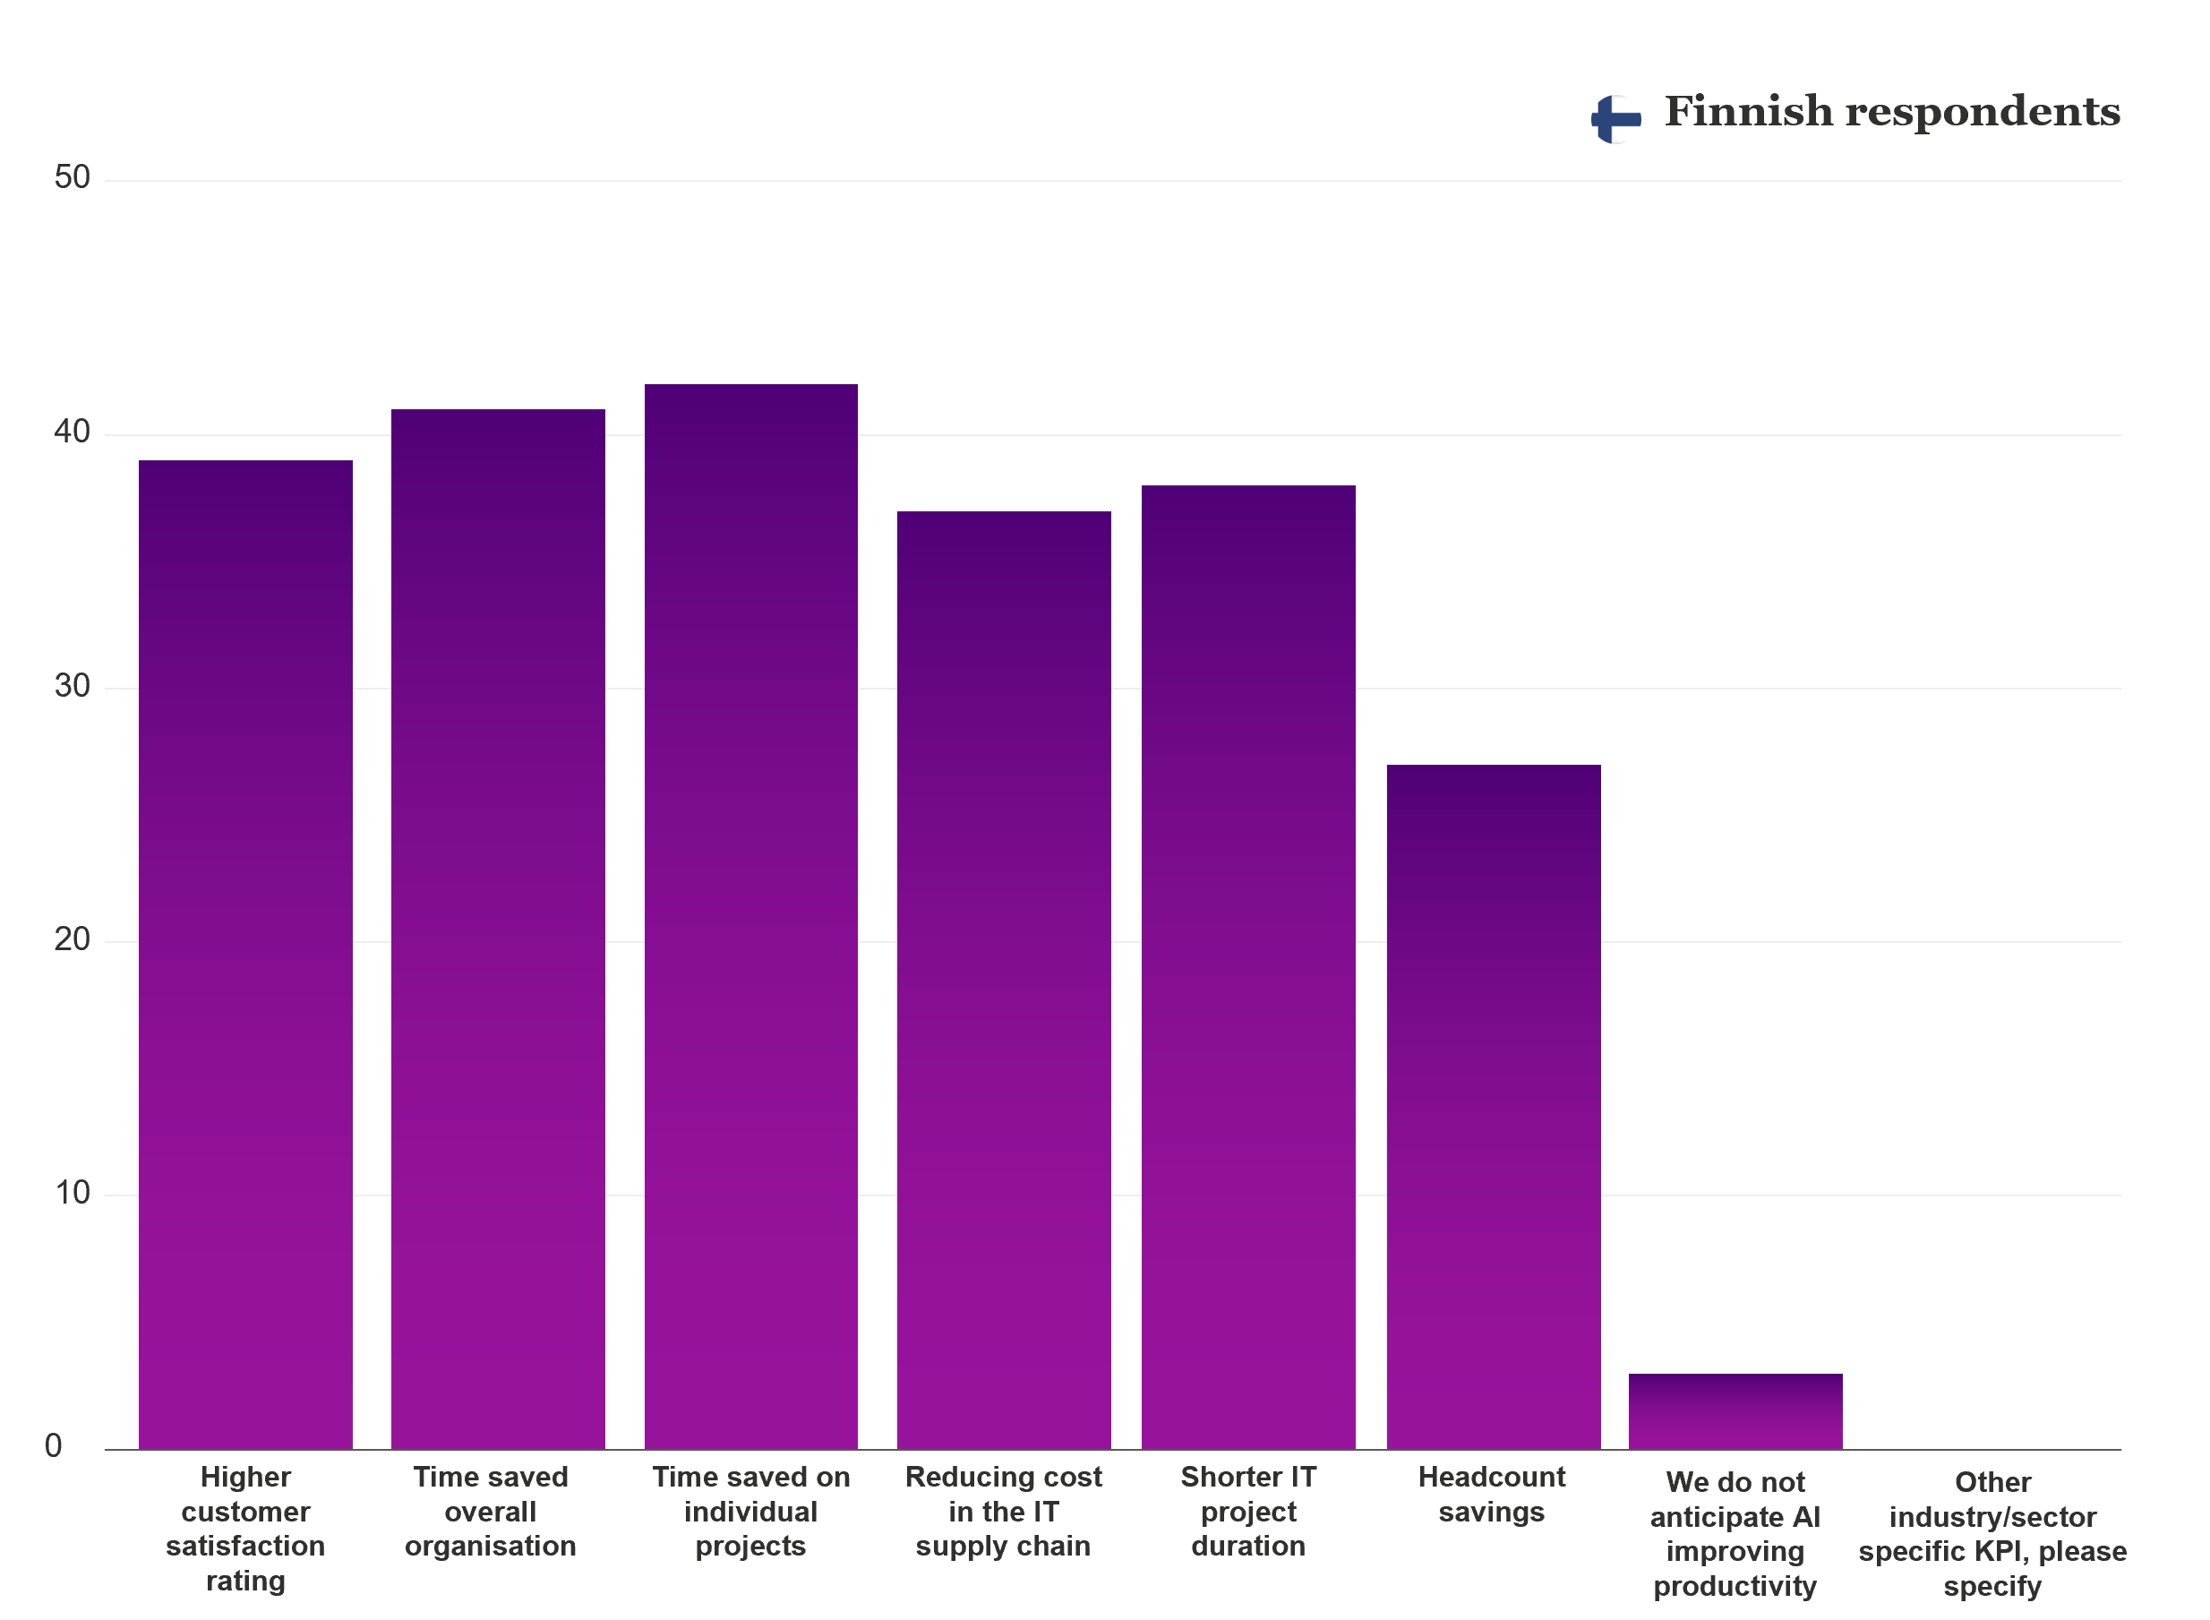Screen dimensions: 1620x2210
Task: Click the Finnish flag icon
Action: [x=1615, y=118]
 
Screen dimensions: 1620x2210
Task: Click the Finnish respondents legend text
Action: [x=1891, y=112]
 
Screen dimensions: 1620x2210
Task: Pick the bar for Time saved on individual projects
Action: [x=751, y=916]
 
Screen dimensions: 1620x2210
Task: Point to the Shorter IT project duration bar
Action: [x=1248, y=966]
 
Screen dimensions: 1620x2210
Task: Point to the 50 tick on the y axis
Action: [x=72, y=177]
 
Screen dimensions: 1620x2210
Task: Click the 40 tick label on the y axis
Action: [x=72, y=432]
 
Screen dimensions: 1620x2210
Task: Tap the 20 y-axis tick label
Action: [x=72, y=939]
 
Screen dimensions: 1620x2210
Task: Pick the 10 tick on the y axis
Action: [x=72, y=1193]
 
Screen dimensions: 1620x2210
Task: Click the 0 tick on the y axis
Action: [x=54, y=1445]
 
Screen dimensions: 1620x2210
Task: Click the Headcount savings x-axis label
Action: [x=1491, y=1494]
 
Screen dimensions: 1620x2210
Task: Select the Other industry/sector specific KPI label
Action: [x=1992, y=1534]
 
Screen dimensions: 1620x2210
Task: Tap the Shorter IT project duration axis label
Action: [x=1248, y=1511]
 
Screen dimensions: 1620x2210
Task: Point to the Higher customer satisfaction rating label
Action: [x=245, y=1528]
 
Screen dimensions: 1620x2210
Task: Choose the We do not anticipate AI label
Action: [x=1735, y=1534]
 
